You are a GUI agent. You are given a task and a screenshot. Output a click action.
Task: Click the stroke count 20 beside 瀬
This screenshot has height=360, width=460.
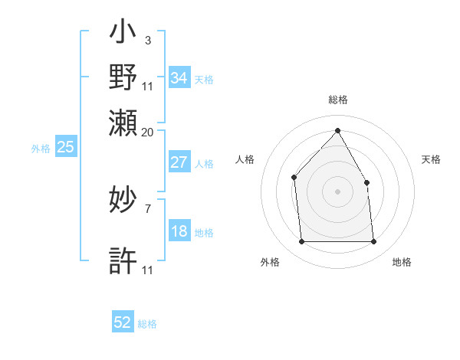pos(147,132)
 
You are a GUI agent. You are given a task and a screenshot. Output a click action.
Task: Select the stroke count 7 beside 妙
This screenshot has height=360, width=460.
pos(147,208)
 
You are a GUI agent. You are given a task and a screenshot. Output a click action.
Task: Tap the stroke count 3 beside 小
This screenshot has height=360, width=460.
pos(147,41)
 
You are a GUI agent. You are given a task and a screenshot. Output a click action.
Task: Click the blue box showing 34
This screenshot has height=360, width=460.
pos(179,78)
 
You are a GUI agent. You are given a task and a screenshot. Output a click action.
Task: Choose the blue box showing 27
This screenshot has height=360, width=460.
pos(179,162)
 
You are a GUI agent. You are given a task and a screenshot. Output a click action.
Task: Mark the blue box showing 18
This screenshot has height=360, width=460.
pos(179,232)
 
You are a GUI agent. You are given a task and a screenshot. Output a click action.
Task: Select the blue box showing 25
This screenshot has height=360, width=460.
pos(65,148)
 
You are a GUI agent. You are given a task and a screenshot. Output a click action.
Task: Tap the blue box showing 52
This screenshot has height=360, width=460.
pos(123,322)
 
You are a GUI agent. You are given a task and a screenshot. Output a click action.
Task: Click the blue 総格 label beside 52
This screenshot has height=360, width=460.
pos(147,324)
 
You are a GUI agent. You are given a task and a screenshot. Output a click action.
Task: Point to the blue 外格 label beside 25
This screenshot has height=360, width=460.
pos(41,149)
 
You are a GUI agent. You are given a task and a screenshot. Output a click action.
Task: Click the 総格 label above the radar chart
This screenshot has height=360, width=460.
pos(337,100)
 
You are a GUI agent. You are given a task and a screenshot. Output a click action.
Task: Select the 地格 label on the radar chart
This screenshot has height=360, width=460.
pos(402,263)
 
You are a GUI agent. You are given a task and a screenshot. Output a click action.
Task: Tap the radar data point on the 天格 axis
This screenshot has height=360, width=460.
pos(366,182)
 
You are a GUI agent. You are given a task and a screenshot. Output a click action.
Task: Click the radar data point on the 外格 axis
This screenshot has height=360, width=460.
pos(301,242)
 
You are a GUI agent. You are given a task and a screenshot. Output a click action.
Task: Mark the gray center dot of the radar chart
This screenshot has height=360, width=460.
pos(337,191)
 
